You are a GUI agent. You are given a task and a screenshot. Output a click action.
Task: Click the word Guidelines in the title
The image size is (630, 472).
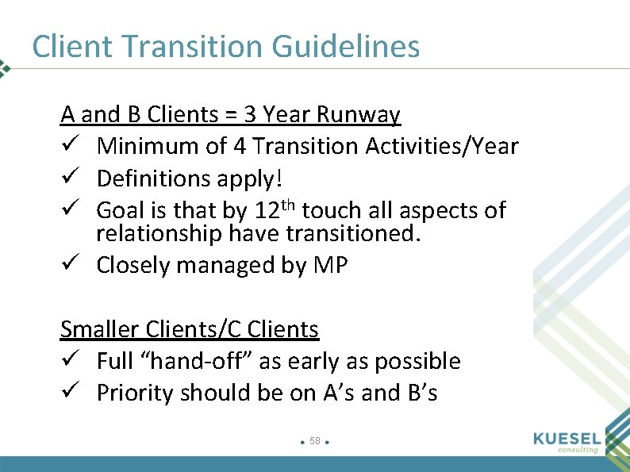[345, 47]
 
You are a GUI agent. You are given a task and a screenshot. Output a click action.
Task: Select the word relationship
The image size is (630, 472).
[159, 234]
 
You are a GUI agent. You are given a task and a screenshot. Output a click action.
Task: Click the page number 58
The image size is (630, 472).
[315, 440]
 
